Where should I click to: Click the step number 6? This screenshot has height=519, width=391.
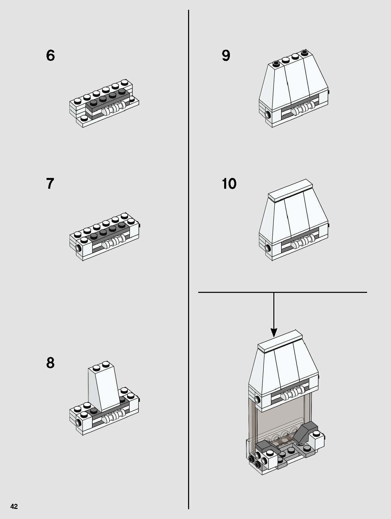[50, 56]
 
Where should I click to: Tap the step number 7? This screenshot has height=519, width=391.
[50, 184]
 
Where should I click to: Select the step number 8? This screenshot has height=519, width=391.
[50, 363]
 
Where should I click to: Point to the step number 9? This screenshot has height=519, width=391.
[226, 56]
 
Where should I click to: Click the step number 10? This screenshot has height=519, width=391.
[229, 184]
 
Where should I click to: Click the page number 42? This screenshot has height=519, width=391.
[14, 507]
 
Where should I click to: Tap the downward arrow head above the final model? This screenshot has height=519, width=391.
[274, 333]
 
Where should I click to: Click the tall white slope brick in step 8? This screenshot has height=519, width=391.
[104, 388]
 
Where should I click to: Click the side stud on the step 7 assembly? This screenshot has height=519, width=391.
[78, 249]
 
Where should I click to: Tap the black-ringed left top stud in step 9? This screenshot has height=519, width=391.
[276, 63]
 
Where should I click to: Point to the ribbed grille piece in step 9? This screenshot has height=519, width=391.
[304, 109]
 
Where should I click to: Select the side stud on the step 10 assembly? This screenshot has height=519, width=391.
[268, 248]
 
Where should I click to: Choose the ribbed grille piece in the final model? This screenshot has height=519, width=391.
[293, 395]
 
